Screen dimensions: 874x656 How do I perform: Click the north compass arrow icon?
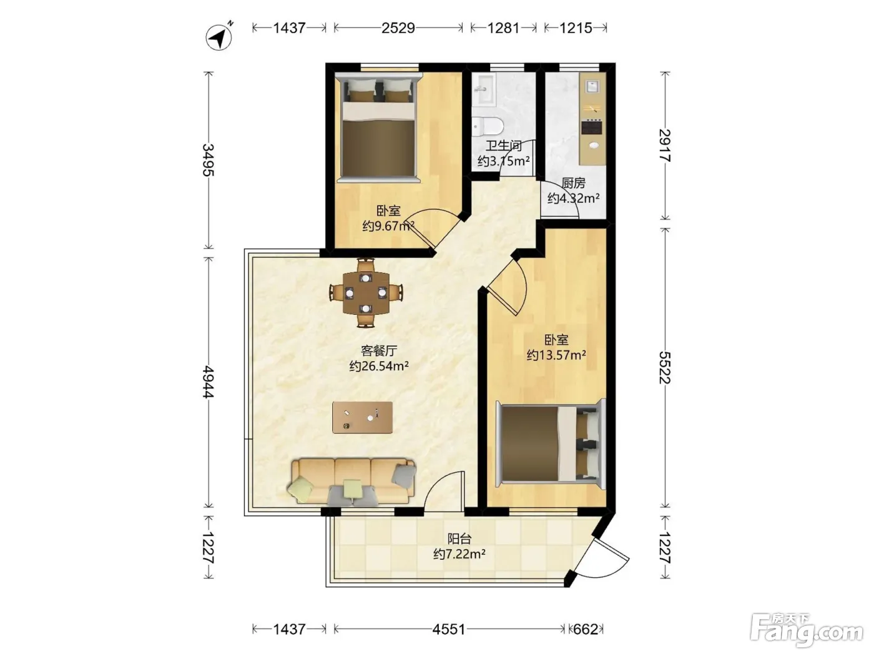(219, 37)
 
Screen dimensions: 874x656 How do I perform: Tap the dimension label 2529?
(398, 28)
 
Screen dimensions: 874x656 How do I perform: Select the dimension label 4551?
(449, 629)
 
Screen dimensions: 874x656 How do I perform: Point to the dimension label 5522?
(665, 367)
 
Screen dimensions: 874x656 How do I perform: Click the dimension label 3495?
(209, 160)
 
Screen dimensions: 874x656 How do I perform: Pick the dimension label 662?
(586, 629)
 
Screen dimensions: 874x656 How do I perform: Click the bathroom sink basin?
(483, 91)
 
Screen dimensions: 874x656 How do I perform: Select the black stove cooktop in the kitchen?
(592, 127)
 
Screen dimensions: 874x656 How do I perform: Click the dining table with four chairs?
(366, 293)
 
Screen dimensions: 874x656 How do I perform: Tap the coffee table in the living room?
(362, 417)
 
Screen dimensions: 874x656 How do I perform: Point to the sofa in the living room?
(352, 482)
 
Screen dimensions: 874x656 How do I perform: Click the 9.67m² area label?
(388, 226)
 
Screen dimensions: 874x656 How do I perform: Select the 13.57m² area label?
(556, 354)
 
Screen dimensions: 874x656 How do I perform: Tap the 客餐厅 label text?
(379, 350)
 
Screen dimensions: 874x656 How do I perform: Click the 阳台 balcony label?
(459, 539)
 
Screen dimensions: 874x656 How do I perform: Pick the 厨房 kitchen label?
(573, 183)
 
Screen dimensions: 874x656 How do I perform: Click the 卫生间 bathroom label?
(503, 146)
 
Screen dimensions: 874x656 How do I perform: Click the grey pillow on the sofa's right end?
(404, 475)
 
